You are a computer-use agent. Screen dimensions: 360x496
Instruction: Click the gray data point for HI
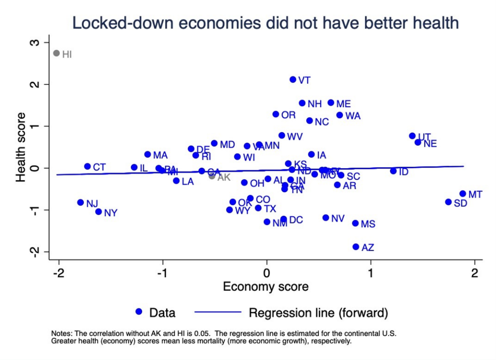(56, 53)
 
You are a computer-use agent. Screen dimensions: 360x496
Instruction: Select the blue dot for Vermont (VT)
(293, 79)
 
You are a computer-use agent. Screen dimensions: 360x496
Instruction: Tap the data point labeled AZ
(356, 247)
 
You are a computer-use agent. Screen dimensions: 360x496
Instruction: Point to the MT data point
(463, 193)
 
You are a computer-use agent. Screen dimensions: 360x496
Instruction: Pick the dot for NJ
(80, 202)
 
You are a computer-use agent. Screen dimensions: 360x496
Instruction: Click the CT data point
(87, 166)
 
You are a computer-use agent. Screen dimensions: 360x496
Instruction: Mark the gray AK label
(224, 177)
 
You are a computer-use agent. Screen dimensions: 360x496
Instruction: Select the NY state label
(111, 213)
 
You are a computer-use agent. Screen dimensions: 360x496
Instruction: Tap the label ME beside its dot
(343, 104)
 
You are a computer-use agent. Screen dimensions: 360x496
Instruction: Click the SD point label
(460, 203)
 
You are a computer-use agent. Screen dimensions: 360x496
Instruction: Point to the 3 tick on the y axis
(34, 43)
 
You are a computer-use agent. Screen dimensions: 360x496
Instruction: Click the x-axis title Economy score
(265, 287)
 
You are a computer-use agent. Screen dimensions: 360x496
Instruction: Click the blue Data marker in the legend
(139, 313)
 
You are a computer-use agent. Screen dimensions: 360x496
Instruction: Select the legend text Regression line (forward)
(318, 313)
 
